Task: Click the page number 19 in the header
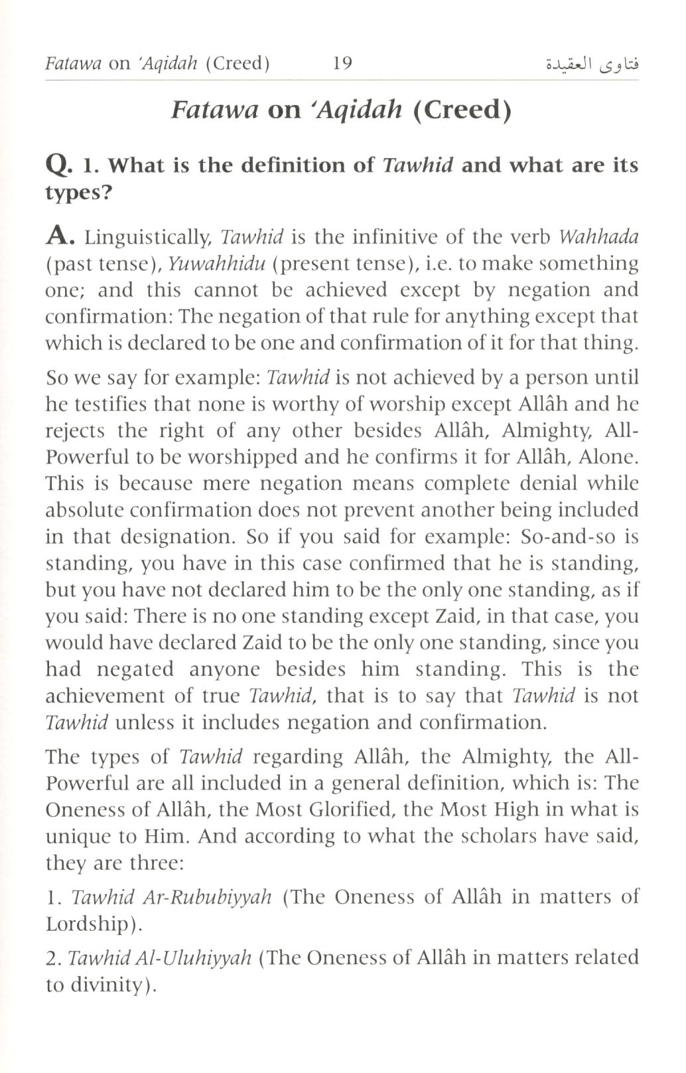[x=342, y=64]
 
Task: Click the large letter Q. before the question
[x=58, y=167]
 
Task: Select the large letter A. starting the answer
[x=62, y=237]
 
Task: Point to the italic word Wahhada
[x=598, y=237]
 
